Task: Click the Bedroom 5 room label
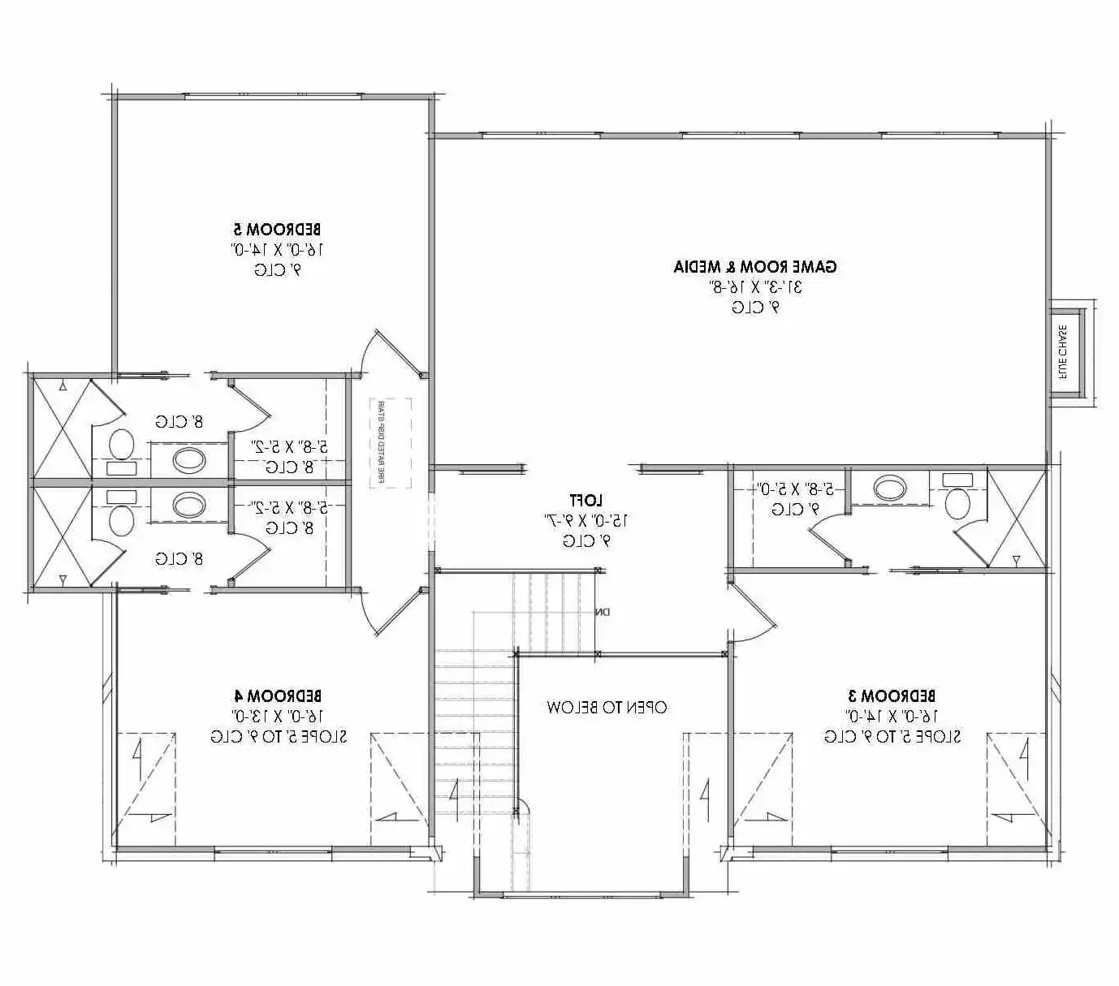[x=278, y=230]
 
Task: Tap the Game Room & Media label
[x=754, y=266]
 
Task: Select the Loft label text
[x=585, y=499]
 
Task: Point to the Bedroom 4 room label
[x=278, y=695]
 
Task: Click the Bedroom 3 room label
[x=892, y=695]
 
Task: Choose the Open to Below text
[x=607, y=707]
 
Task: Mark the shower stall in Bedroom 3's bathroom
[x=1015, y=519]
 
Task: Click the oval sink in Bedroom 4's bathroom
[x=189, y=505]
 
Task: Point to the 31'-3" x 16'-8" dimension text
[x=754, y=286]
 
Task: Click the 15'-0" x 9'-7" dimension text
[x=585, y=519]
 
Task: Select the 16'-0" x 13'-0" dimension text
[x=278, y=716]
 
